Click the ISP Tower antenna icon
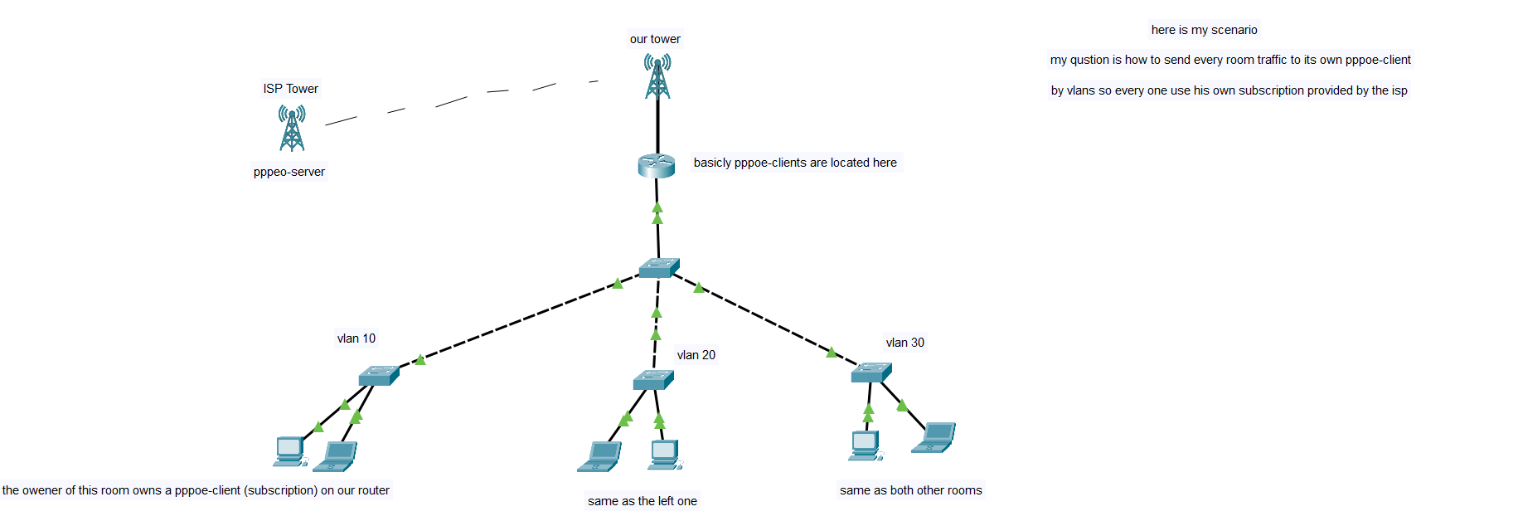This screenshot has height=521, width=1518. [x=292, y=128]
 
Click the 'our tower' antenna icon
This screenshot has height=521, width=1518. [x=657, y=76]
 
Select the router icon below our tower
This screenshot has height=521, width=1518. [x=656, y=165]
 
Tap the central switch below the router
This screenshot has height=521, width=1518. [x=659, y=267]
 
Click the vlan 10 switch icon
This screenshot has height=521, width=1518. [x=379, y=376]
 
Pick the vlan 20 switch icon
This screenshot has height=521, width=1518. [x=653, y=379]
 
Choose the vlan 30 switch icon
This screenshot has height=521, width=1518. [x=871, y=372]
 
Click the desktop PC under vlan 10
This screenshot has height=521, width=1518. [x=290, y=450]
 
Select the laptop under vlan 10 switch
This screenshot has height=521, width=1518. [x=341, y=456]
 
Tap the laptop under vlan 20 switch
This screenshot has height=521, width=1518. [x=599, y=456]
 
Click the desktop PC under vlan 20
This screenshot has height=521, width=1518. [x=665, y=455]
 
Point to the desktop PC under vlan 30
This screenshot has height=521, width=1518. [x=865, y=446]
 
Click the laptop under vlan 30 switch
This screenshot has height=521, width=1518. [x=934, y=437]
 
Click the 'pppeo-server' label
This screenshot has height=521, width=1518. [x=289, y=172]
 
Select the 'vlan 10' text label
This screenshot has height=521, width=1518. [x=356, y=338]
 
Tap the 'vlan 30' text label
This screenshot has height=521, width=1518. [x=904, y=343]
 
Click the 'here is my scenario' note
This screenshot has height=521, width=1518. [x=1204, y=30]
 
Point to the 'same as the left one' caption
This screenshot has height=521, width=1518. [x=642, y=501]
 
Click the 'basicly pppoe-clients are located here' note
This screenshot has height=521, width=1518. [x=795, y=163]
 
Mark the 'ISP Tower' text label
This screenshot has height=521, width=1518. [x=290, y=89]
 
